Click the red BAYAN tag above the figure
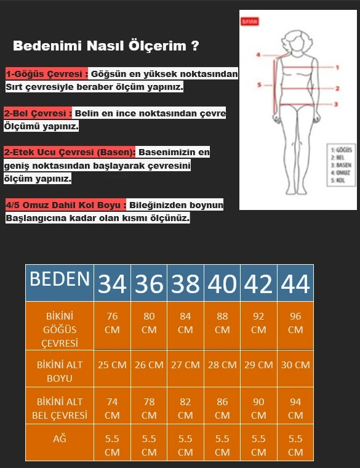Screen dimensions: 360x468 (x=250, y=21)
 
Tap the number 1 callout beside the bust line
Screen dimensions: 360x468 (x=338, y=67)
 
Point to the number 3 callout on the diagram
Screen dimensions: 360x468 (x=337, y=105)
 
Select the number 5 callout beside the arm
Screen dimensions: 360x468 (x=259, y=85)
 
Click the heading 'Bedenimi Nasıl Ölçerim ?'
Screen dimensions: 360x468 (x=106, y=46)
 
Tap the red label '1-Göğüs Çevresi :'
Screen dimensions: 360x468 (x=46, y=75)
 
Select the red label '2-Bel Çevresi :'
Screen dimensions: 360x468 (x=38, y=114)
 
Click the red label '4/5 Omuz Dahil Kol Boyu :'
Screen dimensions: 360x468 (x=66, y=205)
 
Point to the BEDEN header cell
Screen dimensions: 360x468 (x=60, y=280)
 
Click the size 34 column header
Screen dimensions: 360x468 (x=112, y=284)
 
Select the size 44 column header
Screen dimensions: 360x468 (x=295, y=284)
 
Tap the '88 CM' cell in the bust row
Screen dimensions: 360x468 (x=222, y=323)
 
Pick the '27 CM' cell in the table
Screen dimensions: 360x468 (x=185, y=365)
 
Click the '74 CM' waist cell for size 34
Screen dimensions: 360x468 (x=112, y=408)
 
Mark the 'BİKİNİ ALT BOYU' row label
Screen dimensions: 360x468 (x=60, y=371)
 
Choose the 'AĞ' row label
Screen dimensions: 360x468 (x=60, y=440)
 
